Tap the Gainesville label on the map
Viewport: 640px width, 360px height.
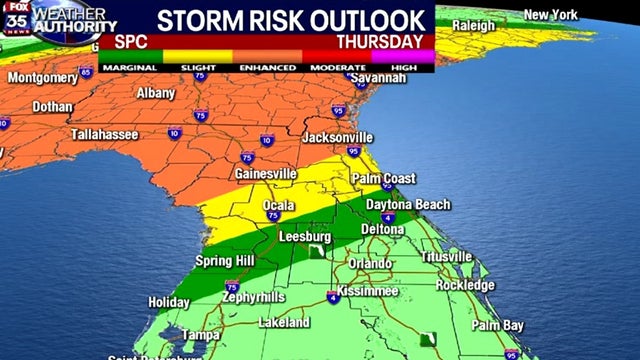point(265,173)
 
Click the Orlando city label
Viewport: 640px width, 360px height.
point(369,263)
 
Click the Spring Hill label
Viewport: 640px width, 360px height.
point(224,261)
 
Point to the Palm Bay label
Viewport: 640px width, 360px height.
point(498,326)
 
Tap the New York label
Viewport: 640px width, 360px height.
point(552,14)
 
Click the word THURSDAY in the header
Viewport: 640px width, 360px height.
point(379,42)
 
